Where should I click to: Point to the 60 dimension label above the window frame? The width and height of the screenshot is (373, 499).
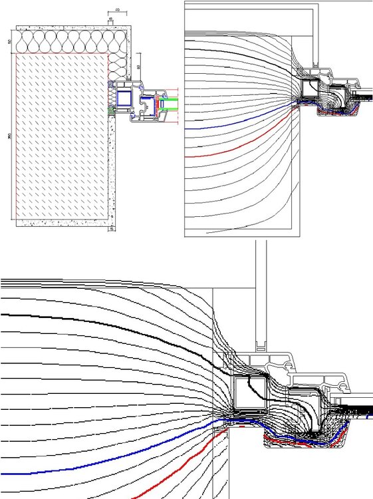tap(138, 67)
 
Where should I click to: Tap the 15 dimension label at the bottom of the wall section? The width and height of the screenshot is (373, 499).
tap(112, 230)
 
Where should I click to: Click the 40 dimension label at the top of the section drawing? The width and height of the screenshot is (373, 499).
tap(117, 11)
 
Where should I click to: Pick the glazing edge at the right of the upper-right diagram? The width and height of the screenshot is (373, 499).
tap(362, 96)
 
